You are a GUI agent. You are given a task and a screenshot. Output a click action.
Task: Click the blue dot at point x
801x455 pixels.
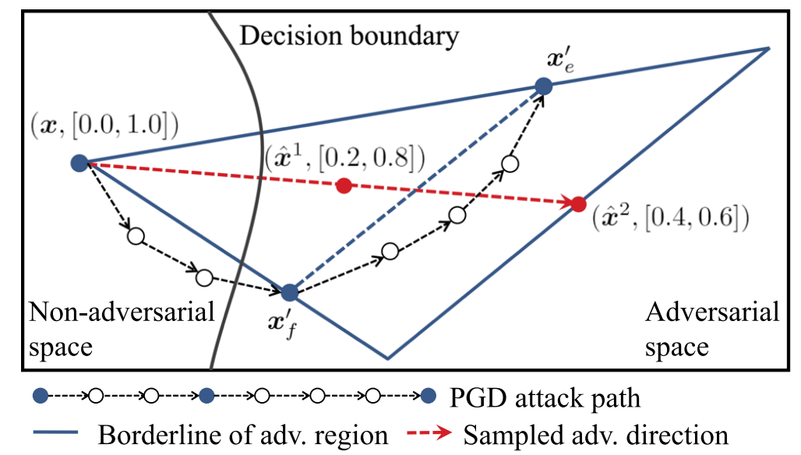pos(78,163)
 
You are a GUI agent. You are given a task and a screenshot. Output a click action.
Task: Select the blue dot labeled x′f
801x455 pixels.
pos(289,292)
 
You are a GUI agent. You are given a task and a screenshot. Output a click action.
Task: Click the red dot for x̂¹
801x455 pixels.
pos(343,185)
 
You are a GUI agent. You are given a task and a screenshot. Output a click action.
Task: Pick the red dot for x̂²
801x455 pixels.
pos(577,204)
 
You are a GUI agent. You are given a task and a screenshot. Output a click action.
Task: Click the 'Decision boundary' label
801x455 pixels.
pos(348,35)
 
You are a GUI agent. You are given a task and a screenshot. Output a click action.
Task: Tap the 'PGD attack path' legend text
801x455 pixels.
pos(545,397)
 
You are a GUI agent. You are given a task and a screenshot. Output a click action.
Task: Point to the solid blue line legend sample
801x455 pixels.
pos(58,434)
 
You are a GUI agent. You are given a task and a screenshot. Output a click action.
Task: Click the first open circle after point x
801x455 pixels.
pos(136,236)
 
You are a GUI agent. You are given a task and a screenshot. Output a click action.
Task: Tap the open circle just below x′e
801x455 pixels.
pos(510,164)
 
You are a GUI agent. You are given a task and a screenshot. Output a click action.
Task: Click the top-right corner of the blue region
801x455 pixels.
pos(768,48)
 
